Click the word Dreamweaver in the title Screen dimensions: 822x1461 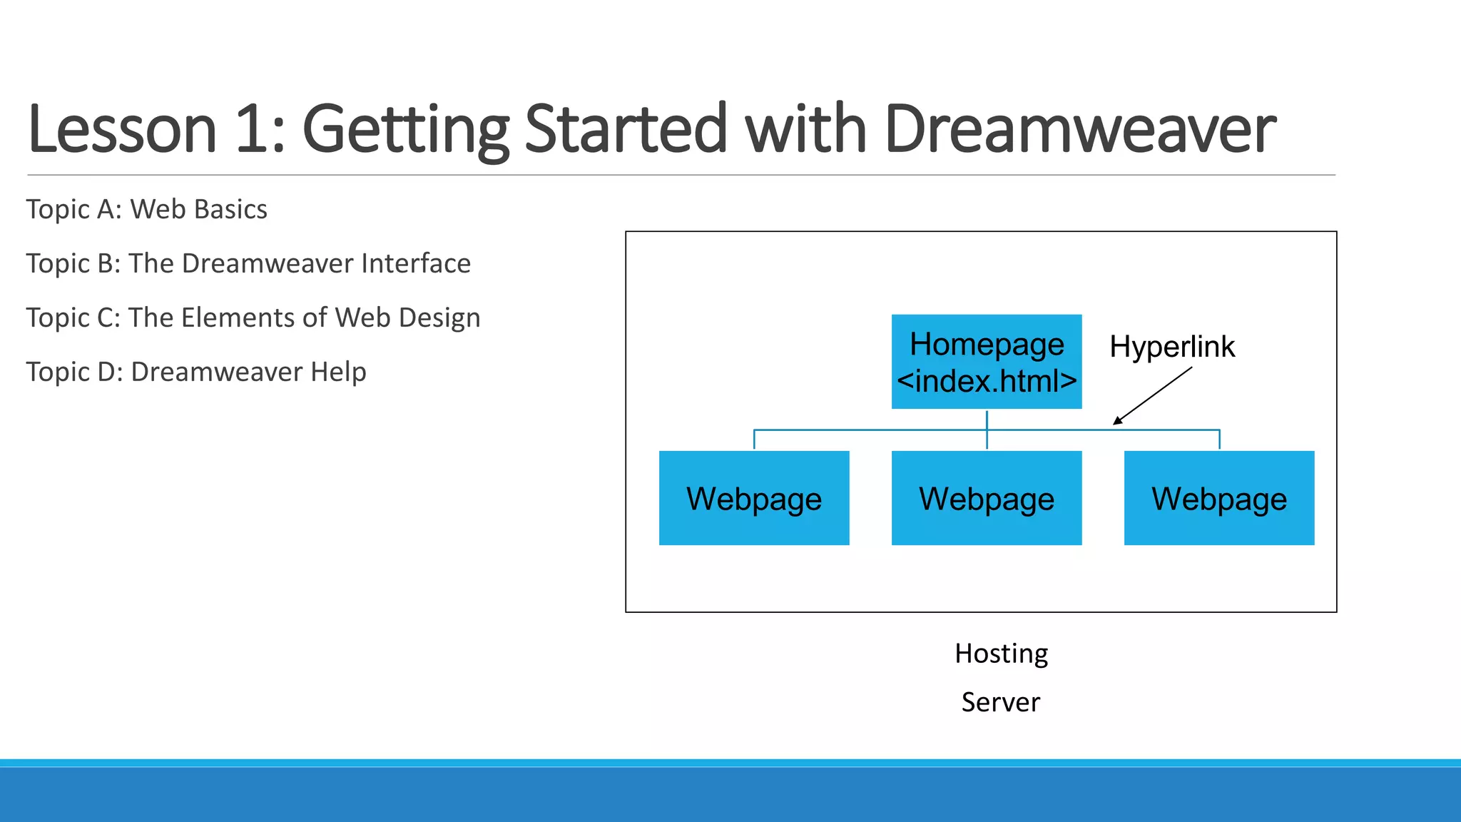tap(1079, 130)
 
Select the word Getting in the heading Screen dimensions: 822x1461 tap(404, 130)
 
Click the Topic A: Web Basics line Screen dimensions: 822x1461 tap(146, 210)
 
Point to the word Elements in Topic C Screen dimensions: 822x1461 tap(239, 318)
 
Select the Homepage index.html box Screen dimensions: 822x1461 tap(986, 361)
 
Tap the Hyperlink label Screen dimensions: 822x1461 tap(1171, 347)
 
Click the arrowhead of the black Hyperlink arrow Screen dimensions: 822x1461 tap(1117, 421)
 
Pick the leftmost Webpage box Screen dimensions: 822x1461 tap(754, 498)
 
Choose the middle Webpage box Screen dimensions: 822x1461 tap(986, 498)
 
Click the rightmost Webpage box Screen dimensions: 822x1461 tap(1218, 498)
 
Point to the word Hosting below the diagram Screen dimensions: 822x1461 tap(1001, 654)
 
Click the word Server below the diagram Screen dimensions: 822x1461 tap(1000, 702)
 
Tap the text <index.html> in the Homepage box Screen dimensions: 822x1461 tap(986, 381)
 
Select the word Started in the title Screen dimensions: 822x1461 tap(625, 130)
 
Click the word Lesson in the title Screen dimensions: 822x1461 tap(121, 130)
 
